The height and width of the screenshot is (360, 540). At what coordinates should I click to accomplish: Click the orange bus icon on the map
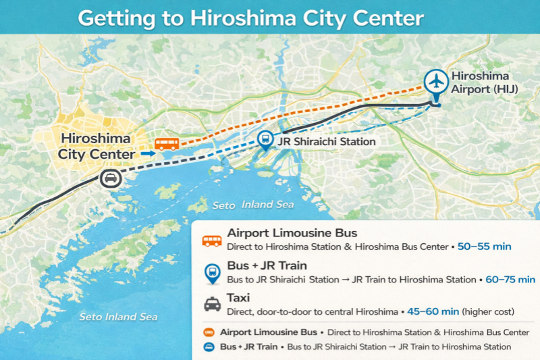(x=167, y=144)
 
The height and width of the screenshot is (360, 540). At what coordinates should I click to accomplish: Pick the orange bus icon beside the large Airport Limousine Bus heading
(x=212, y=240)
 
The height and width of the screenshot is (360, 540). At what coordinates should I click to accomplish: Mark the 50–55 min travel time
(x=484, y=247)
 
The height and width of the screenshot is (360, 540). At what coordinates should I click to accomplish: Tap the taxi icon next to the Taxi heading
(x=212, y=305)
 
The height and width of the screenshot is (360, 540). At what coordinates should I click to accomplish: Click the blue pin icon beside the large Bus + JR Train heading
(x=211, y=272)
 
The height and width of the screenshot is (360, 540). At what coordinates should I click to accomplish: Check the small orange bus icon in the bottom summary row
(x=209, y=332)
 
